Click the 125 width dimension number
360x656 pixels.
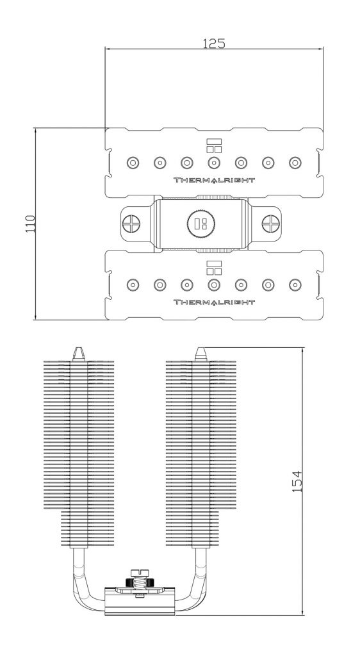214,43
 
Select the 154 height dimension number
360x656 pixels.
297,480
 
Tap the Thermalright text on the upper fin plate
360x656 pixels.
214,180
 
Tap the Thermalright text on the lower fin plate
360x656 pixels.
214,302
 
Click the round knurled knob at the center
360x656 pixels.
201,224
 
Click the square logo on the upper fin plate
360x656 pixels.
214,145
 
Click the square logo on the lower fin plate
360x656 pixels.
214,267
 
